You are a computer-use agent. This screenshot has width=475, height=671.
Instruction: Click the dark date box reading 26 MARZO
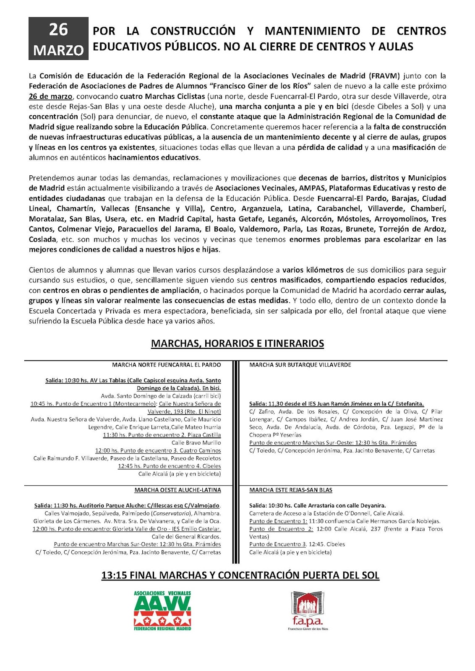point(58,39)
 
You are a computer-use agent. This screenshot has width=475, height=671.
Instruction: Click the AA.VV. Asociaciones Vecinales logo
point(162,610)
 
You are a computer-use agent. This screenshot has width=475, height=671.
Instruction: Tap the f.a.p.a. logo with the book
point(308,610)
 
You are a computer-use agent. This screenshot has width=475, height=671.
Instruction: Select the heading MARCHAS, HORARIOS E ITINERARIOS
point(237,343)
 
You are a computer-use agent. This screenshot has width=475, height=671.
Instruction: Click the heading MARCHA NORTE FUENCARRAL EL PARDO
point(166,365)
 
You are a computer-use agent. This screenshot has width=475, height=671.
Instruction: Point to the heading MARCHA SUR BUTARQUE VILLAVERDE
point(300,365)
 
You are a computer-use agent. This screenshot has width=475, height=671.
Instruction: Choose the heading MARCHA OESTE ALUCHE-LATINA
point(177,490)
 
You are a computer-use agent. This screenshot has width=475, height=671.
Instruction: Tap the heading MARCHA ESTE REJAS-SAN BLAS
point(290,490)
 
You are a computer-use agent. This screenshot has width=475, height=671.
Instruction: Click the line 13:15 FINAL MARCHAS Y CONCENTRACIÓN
point(240,575)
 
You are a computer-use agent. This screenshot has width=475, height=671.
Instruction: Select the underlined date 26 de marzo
point(50,96)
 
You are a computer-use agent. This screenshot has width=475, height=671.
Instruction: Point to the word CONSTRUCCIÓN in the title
point(193,31)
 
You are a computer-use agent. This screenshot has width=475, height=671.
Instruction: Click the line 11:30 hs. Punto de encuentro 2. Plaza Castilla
point(162,435)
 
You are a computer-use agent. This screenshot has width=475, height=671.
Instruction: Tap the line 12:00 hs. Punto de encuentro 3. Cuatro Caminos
point(158,450)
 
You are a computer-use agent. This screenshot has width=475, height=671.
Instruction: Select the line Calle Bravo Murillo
point(196,443)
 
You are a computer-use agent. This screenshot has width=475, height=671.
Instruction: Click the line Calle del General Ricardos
point(186,536)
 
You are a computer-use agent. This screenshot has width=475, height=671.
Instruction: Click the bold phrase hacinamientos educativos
point(154,158)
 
